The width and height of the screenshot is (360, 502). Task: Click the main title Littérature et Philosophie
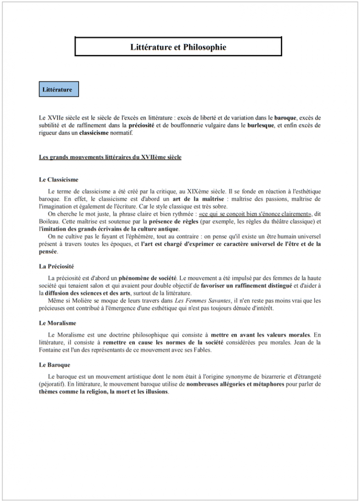pyautogui.click(x=178, y=47)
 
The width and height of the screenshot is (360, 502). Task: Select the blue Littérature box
pyautogui.click(x=57, y=90)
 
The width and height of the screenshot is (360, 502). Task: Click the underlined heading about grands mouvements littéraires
pyautogui.click(x=110, y=157)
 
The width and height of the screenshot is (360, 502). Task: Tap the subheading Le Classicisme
pyautogui.click(x=59, y=179)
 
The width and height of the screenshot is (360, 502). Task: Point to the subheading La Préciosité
pyautogui.click(x=57, y=266)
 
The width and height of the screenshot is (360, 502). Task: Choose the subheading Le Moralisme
pyautogui.click(x=58, y=323)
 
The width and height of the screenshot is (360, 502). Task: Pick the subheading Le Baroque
pyautogui.click(x=54, y=364)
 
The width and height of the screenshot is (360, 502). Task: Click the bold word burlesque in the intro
pyautogui.click(x=261, y=126)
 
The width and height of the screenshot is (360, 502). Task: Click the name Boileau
pyautogui.click(x=50, y=221)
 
